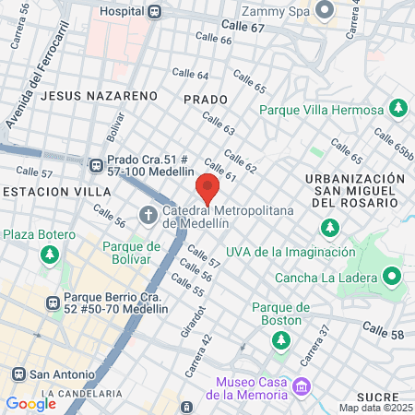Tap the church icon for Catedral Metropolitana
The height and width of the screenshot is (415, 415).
tap(148, 216)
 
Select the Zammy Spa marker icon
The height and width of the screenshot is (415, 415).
tap(324, 11)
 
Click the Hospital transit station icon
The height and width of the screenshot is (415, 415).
tap(155, 12)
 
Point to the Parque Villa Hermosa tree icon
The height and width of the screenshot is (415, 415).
tap(398, 109)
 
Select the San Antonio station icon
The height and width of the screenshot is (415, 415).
tap(17, 374)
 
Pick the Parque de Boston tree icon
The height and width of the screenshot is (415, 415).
tap(279, 340)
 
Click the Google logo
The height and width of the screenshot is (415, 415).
tap(30, 403)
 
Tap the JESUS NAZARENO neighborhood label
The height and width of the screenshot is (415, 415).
tap(94, 95)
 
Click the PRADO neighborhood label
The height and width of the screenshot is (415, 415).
tap(204, 97)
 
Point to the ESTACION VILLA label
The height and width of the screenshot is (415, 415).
tap(55, 191)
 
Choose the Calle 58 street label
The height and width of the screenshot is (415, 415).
tap(383, 329)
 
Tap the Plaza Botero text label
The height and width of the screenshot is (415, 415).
tap(39, 234)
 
